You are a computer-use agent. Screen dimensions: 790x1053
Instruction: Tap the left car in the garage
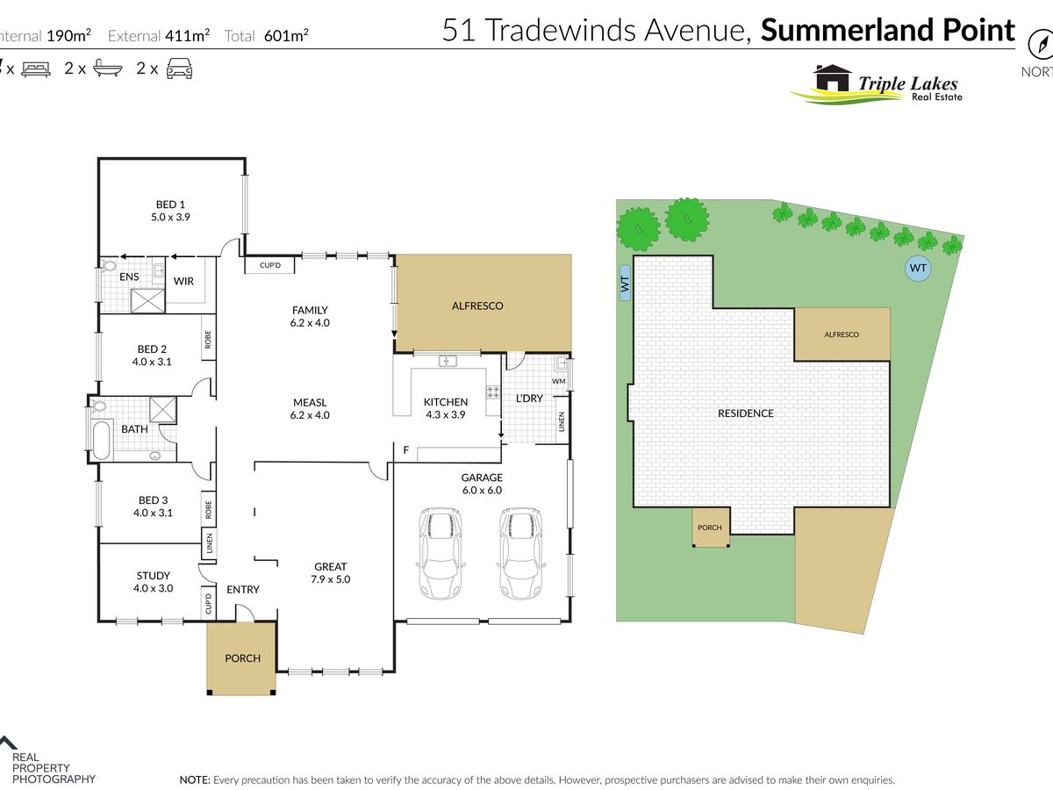[441, 553]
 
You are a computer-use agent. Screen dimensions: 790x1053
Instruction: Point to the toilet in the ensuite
[110, 264]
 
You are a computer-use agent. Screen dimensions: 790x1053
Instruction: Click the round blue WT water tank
[918, 268]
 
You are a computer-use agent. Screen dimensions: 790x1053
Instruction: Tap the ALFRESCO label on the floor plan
[476, 305]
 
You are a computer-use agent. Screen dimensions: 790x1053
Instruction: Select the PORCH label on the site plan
[709, 528]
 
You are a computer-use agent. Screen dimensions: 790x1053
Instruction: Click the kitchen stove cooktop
[493, 394]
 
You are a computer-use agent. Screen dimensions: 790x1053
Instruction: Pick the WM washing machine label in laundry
[558, 381]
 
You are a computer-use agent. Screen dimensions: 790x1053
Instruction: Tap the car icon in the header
[179, 68]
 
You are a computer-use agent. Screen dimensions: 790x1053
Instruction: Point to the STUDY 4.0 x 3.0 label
[152, 582]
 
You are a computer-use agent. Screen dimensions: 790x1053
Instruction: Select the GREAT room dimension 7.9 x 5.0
[330, 579]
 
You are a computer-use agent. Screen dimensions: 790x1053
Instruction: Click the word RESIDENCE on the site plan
[746, 413]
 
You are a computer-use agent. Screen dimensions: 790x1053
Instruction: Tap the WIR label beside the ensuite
[183, 281]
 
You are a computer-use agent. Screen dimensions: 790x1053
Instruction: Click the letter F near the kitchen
[405, 450]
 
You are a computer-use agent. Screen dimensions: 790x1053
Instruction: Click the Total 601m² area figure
[267, 36]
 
